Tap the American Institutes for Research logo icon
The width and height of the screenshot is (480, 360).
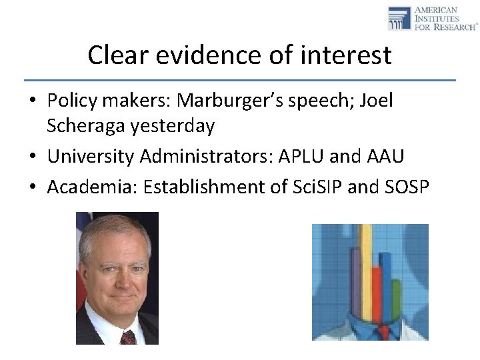(399, 18)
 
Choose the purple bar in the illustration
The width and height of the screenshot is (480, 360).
(355, 280)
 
